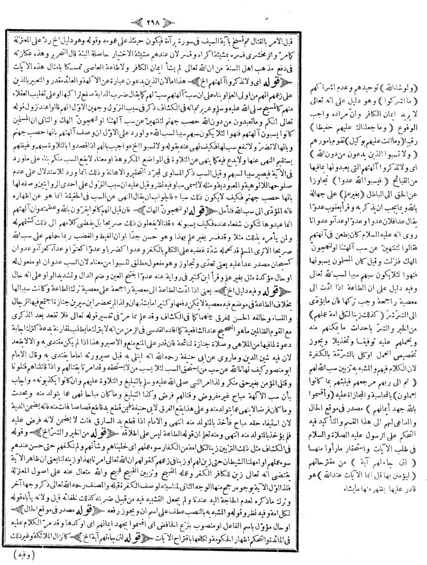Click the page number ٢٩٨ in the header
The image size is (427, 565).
click(x=213, y=8)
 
